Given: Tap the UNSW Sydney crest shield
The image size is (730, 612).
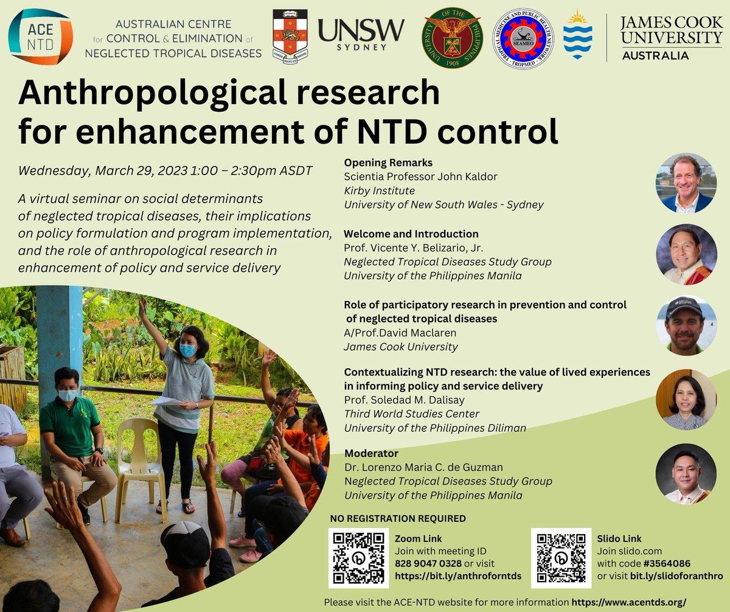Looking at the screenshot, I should point(290,38).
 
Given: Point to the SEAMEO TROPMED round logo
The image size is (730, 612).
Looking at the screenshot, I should point(523,38).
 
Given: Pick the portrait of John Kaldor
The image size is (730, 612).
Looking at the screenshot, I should point(686,183).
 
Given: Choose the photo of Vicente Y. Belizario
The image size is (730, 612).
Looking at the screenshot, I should point(686,255).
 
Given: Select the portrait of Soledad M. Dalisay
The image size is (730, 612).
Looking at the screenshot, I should point(686,399).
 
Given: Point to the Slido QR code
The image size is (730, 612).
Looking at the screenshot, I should point(561,558).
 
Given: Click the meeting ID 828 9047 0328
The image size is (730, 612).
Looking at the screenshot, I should point(428,564).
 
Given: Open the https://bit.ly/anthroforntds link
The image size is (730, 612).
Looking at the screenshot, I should point(458,575).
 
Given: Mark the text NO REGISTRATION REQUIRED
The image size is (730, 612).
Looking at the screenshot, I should point(398,519).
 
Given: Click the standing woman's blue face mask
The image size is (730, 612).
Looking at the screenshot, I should point(188,351).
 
